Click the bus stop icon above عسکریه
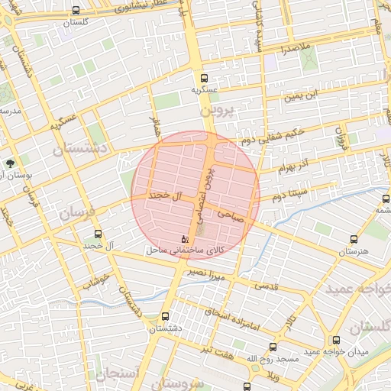pos(204,78)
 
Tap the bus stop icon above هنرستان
pos(352,239)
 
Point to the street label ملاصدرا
pos(294,48)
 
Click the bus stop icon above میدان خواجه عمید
pos(336,340)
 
